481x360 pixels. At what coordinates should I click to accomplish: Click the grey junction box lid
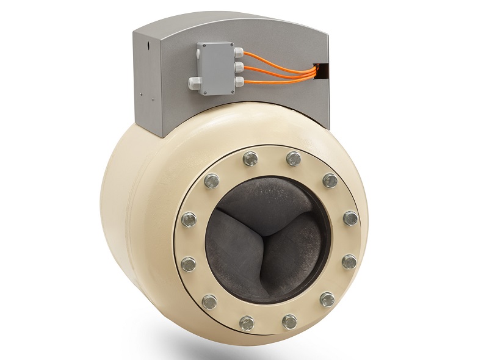tap(215, 68)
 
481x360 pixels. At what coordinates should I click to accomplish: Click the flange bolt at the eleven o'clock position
tap(250, 159)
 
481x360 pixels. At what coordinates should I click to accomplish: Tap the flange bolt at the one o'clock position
tap(294, 159)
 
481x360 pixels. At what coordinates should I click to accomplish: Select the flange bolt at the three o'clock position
tap(350, 218)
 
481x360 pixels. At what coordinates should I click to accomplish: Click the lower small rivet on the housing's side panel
tap(141, 95)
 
